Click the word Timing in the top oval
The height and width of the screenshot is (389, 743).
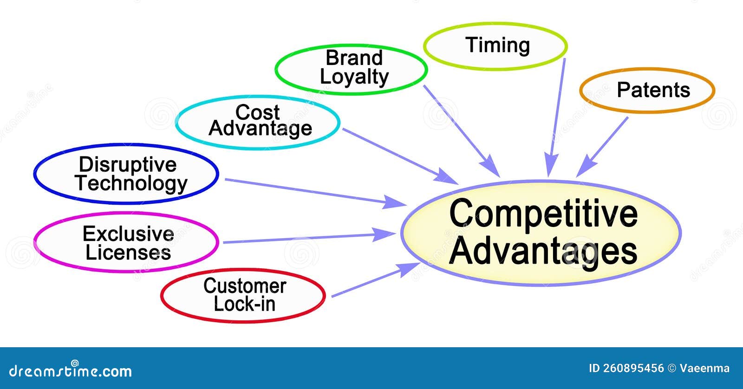coord(497,45)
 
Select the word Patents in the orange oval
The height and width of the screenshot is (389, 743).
coord(653,90)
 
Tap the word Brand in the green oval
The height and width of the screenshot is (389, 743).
coord(354,58)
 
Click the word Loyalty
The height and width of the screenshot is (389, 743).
coord(354,77)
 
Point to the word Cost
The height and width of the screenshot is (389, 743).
coord(257,112)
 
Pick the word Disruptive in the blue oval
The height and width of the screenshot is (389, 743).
coord(128,165)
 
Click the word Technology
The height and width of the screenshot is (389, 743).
coord(131,183)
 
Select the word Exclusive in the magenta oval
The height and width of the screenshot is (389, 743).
coord(128,234)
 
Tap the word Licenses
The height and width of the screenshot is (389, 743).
coord(128,253)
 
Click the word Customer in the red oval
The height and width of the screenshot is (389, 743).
coord(244,286)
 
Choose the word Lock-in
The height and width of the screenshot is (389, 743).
coord(244,305)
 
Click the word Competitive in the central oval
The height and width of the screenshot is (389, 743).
coord(543,214)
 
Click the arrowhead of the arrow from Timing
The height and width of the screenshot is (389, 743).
coord(550,167)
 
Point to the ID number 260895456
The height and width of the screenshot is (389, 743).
coord(633,369)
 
